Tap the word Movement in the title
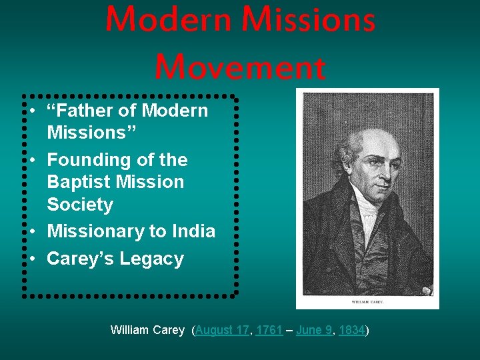[240, 67]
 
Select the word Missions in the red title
[309, 20]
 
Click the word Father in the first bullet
[89, 111]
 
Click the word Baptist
[79, 182]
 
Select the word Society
[80, 205]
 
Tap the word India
[193, 231]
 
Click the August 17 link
[221, 330]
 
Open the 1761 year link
[269, 330]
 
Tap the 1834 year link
[351, 330]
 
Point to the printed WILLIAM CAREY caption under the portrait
[367, 301]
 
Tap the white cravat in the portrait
[367, 220]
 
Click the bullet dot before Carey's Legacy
[31, 259]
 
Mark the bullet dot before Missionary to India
[31, 231]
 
